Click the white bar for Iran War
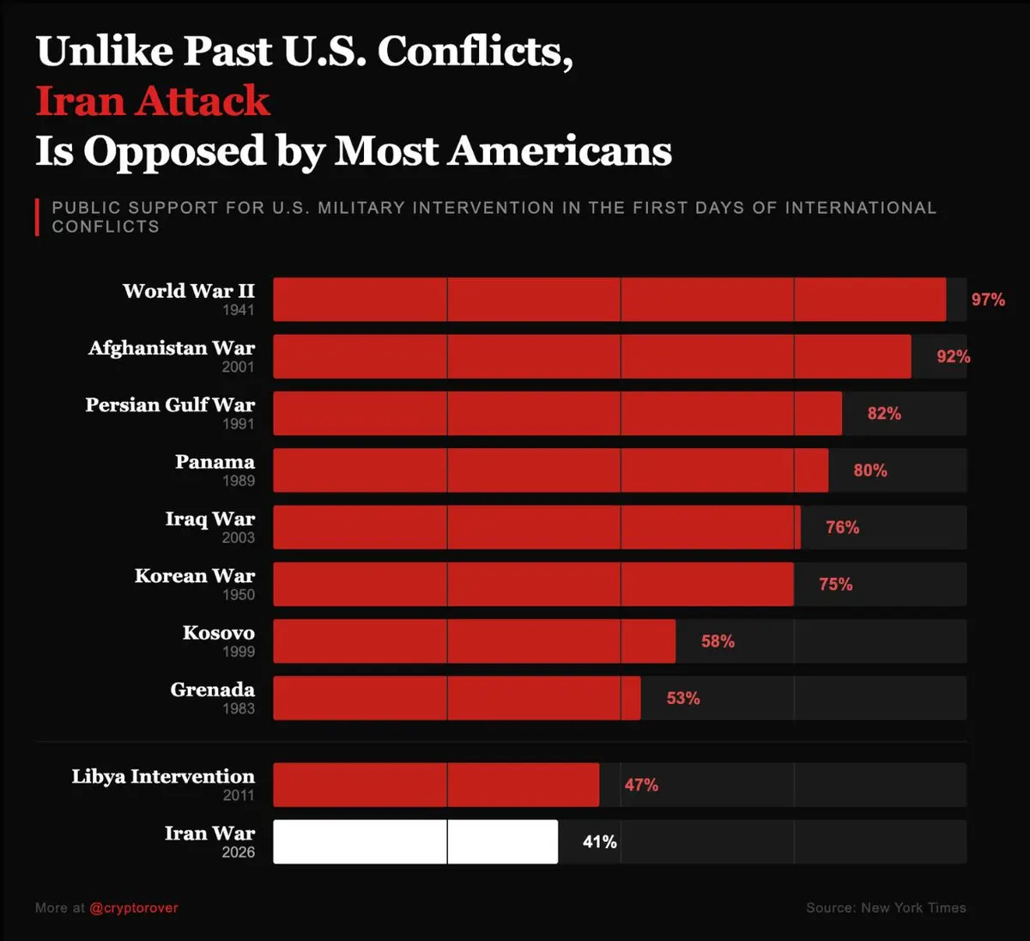click(415, 841)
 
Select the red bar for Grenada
click(457, 698)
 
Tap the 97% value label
click(988, 300)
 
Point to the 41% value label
click(600, 842)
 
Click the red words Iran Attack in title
click(153, 101)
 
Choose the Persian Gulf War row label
click(170, 405)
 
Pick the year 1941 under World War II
click(239, 310)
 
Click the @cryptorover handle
click(134, 908)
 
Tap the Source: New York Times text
click(886, 908)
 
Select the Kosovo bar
click(474, 641)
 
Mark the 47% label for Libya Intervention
click(641, 785)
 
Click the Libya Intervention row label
click(163, 777)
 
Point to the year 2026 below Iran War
click(239, 853)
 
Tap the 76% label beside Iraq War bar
click(842, 527)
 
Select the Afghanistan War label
click(172, 348)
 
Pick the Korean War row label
click(195, 576)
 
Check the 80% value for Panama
click(870, 470)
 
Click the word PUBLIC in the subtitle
click(86, 208)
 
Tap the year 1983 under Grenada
click(239, 708)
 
